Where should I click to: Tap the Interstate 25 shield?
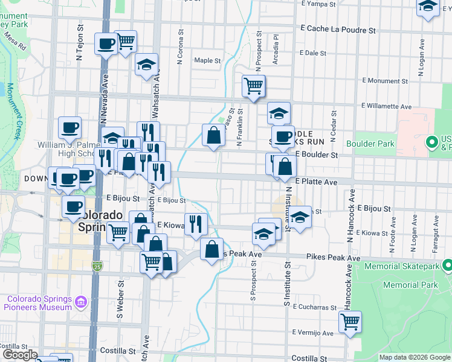pyautogui.click(x=97, y=265)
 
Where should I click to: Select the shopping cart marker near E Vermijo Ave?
pyautogui.click(x=350, y=322)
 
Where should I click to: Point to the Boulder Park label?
pyautogui.click(x=370, y=144)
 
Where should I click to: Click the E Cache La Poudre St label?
pyautogui.click(x=338, y=29)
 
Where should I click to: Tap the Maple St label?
pyautogui.click(x=207, y=60)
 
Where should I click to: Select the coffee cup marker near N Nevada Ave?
pyautogui.click(x=106, y=43)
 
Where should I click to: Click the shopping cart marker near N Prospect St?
pyautogui.click(x=254, y=86)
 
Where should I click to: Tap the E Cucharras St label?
pyautogui.click(x=314, y=307)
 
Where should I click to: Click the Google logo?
pyautogui.click(x=20, y=355)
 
